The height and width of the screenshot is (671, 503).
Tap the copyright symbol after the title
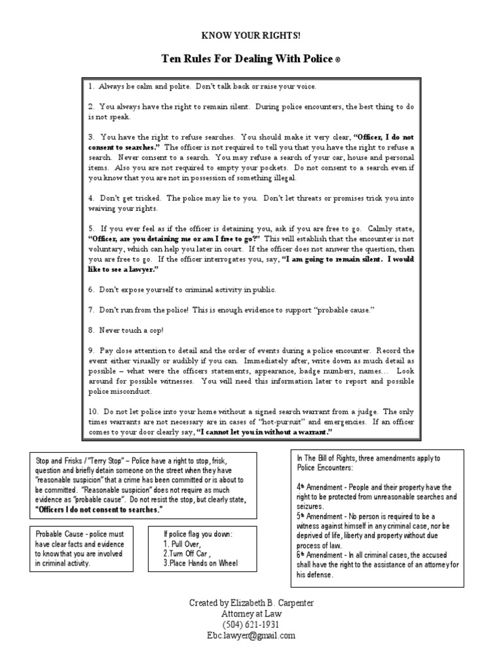[x=337, y=60]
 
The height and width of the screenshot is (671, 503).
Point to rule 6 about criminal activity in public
[x=173, y=289]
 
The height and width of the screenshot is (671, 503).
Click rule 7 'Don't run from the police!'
[x=223, y=310]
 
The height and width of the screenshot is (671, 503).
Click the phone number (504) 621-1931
[x=251, y=624]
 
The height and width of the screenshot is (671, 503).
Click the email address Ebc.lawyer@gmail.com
[x=251, y=636]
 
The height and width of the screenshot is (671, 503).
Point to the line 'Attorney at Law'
[x=251, y=613]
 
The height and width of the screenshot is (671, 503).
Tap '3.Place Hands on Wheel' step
[x=200, y=563]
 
